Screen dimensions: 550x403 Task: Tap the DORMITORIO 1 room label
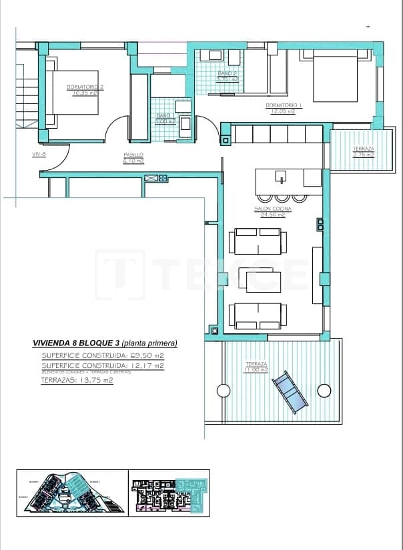coord(284,105)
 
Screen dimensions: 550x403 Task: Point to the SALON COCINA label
coord(270,208)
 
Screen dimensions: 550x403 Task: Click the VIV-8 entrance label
coord(39,154)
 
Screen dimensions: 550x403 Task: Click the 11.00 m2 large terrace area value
coord(256,369)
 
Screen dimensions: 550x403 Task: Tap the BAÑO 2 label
coord(228,73)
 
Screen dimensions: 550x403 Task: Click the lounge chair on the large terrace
coord(291,391)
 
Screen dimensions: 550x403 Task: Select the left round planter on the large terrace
coord(222,391)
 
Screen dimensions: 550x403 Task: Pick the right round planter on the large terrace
coord(324,391)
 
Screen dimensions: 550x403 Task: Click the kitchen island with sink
coord(288,178)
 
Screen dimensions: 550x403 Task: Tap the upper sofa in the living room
coord(258,241)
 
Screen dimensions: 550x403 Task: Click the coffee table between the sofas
coord(264,278)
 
